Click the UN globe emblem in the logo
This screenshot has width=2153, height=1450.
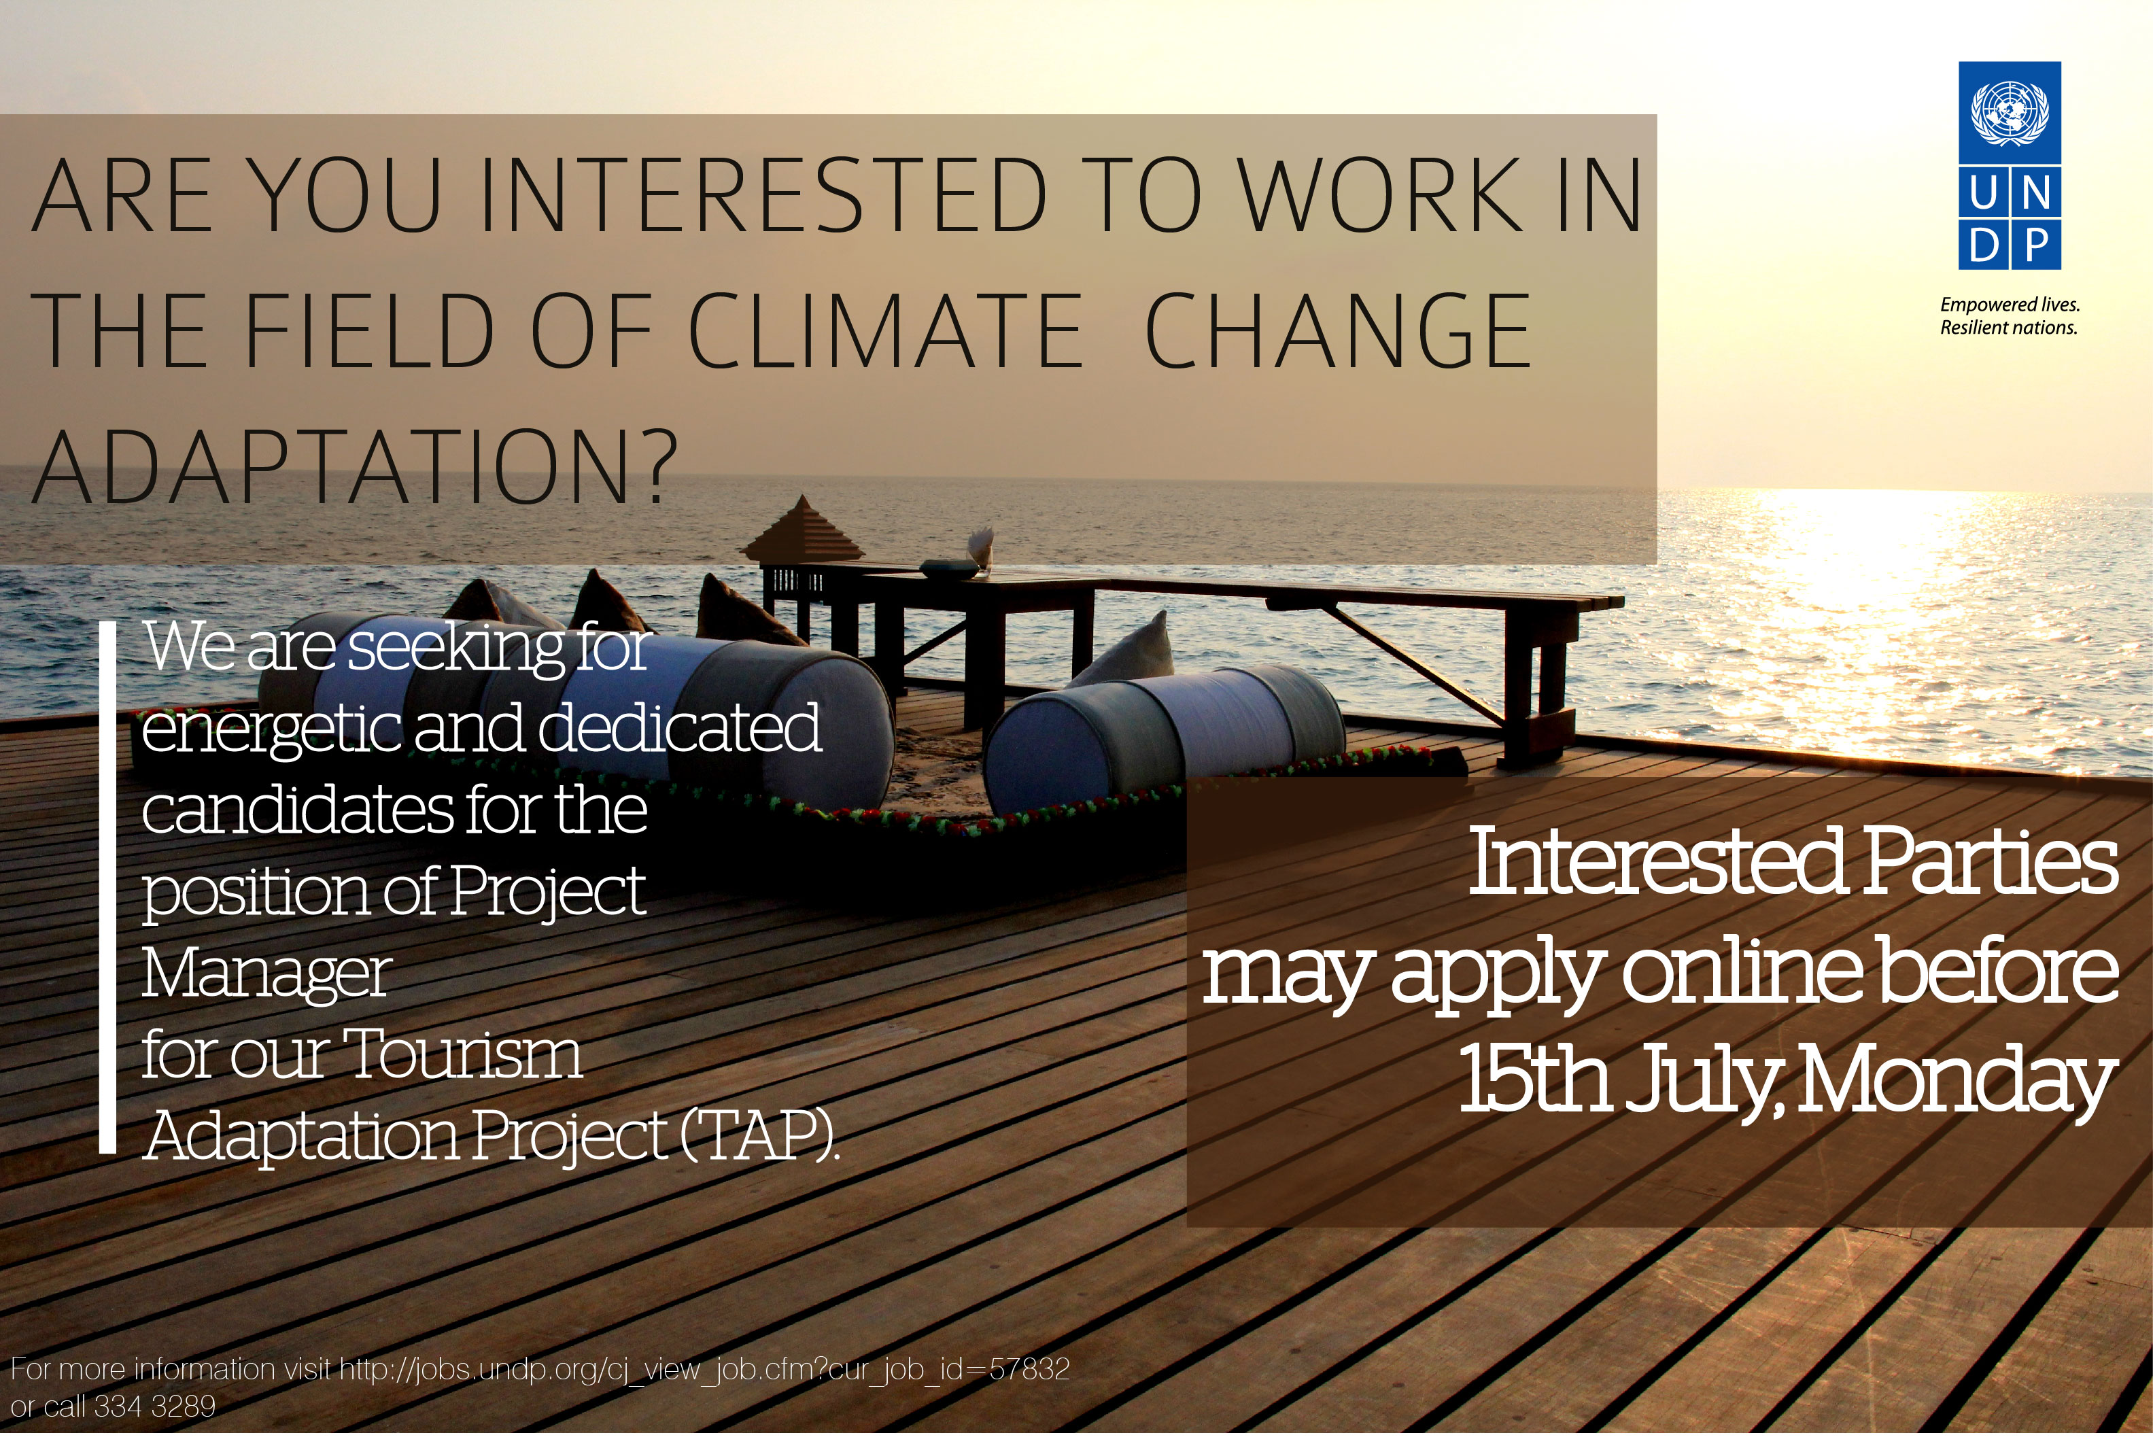[x=2010, y=116]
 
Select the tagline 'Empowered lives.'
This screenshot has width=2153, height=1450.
[x=2010, y=305]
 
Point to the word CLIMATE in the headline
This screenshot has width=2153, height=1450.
[x=885, y=331]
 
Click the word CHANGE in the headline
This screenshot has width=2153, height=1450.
[x=1338, y=331]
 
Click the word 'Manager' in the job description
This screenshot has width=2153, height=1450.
[x=266, y=976]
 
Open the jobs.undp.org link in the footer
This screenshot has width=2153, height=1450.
[x=705, y=1370]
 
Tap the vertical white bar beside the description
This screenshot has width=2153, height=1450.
[x=107, y=888]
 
